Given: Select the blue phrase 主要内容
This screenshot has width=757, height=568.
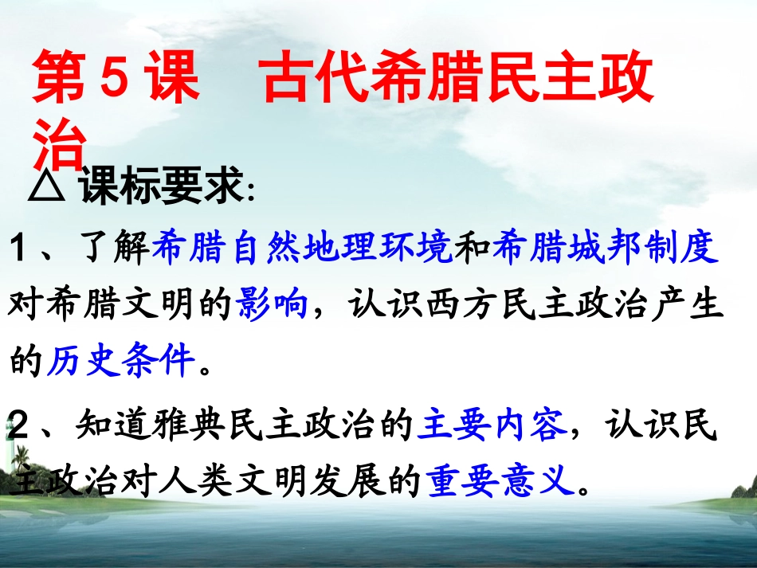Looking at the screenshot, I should tap(492, 428).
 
